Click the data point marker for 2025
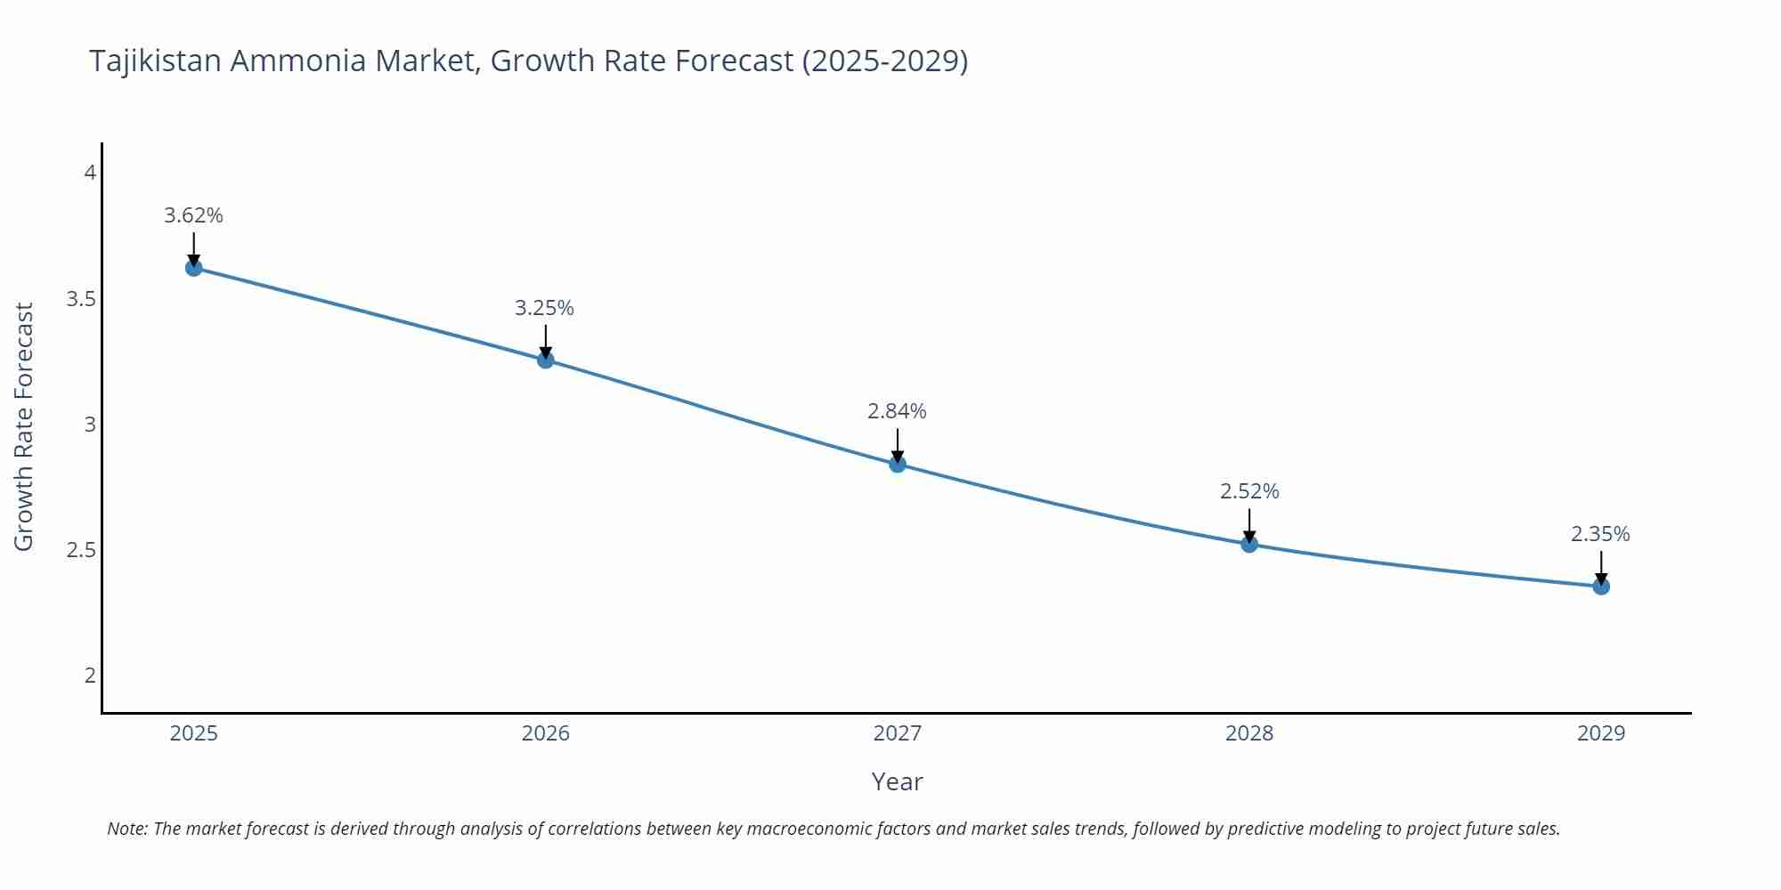[194, 268]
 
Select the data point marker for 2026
[546, 360]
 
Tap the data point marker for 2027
[898, 464]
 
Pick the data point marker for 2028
[1249, 544]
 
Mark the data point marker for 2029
[1601, 587]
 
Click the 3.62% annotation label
[193, 215]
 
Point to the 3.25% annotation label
[544, 308]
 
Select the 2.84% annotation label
[897, 411]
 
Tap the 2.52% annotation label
[1249, 491]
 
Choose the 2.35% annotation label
[1600, 534]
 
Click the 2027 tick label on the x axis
[898, 733]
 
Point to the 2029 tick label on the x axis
[1601, 733]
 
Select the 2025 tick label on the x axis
[194, 733]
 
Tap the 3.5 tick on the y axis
[81, 299]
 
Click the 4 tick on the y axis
[90, 173]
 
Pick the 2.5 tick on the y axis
[81, 550]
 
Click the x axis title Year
[897, 781]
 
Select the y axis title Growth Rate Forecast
[24, 426]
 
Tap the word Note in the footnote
[126, 829]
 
